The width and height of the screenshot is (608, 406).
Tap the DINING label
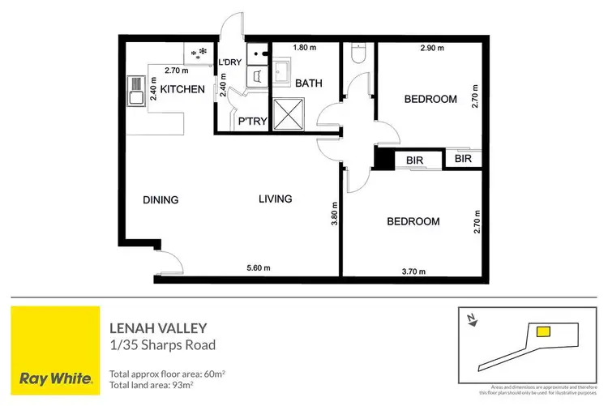coord(161,200)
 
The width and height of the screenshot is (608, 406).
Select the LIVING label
coord(276,199)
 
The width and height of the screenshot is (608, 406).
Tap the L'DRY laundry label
coord(231,62)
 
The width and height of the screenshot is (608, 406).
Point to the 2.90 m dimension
coord(432,50)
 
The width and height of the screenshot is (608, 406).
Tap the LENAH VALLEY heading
coord(157,328)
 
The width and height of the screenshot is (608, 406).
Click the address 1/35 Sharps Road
coord(162,345)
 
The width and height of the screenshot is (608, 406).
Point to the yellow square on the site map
coord(544,331)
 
